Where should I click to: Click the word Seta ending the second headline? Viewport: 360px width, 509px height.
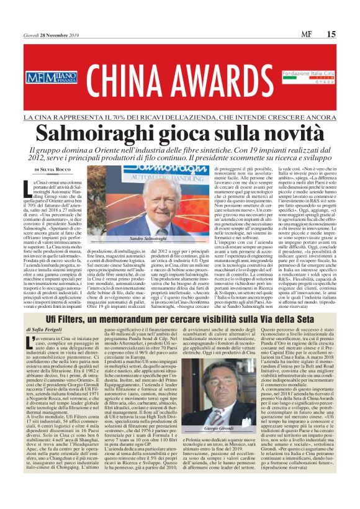pos(320,318)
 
